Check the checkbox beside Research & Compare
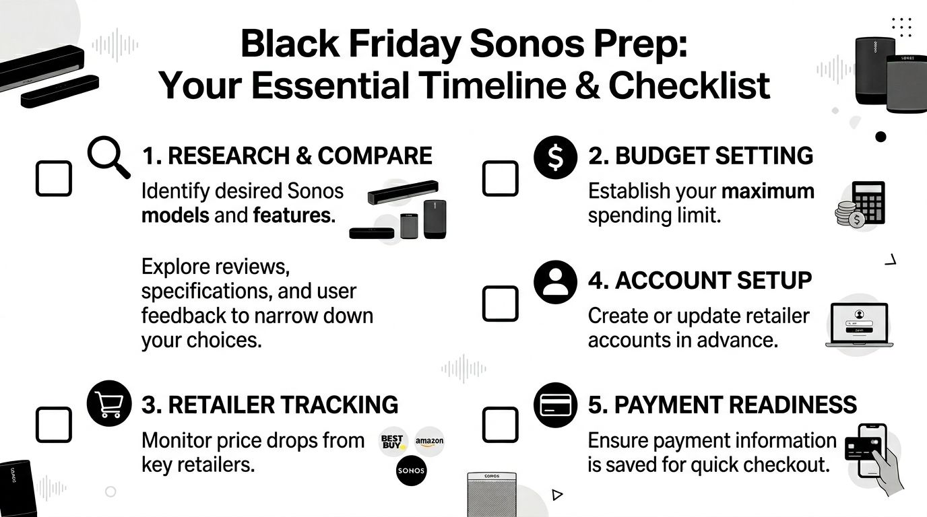tap(53, 178)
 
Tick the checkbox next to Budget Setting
tap(501, 178)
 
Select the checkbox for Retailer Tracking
tap(53, 424)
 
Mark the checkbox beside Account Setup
tap(501, 303)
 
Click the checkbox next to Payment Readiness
tap(501, 424)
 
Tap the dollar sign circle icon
tap(555, 156)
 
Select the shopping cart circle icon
tap(108, 403)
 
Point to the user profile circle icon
tap(555, 281)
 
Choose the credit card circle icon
tap(555, 404)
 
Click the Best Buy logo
tap(393, 442)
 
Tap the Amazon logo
tap(430, 442)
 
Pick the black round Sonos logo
tap(411, 471)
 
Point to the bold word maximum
tap(768, 191)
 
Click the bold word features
tap(294, 215)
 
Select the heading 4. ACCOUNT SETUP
tap(700, 281)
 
